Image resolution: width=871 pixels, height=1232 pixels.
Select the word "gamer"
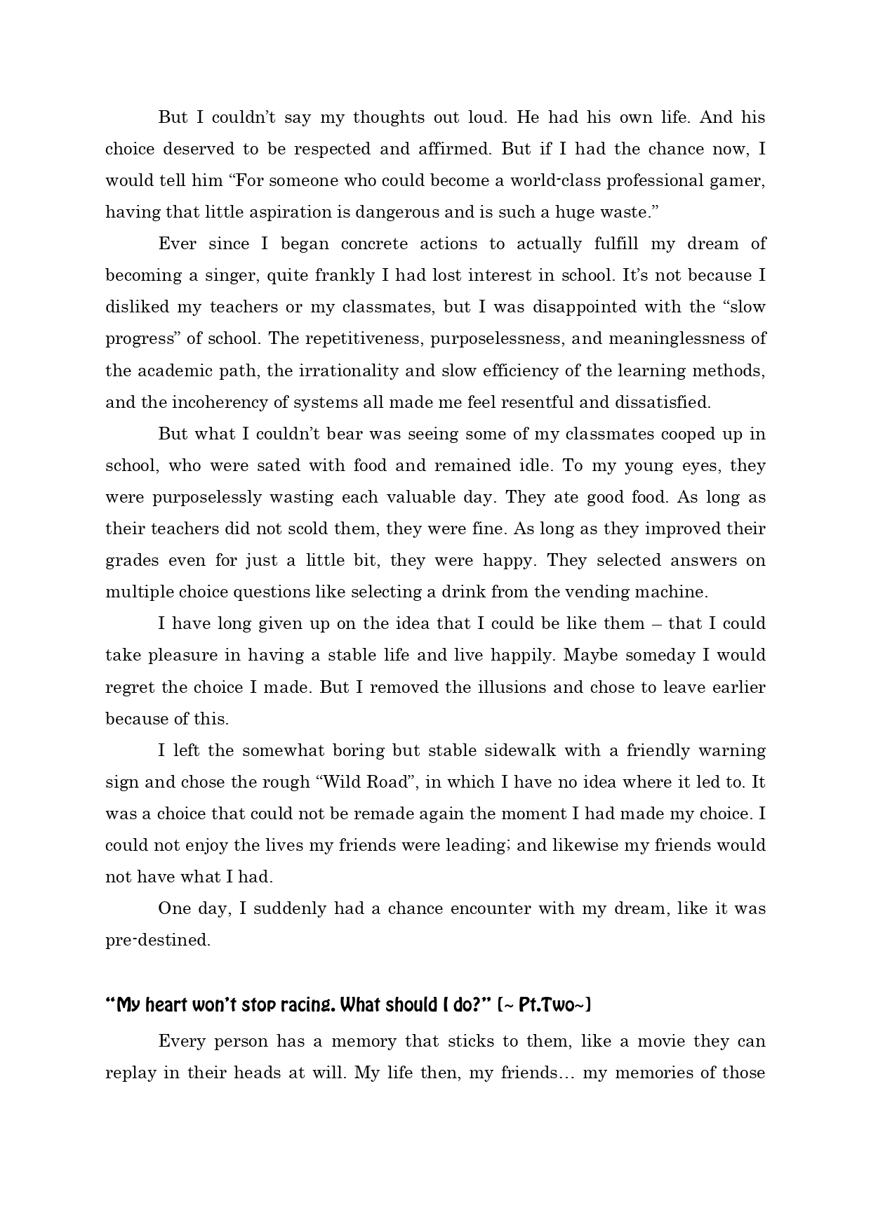[739, 180]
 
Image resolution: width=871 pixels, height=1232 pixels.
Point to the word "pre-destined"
[157, 940]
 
